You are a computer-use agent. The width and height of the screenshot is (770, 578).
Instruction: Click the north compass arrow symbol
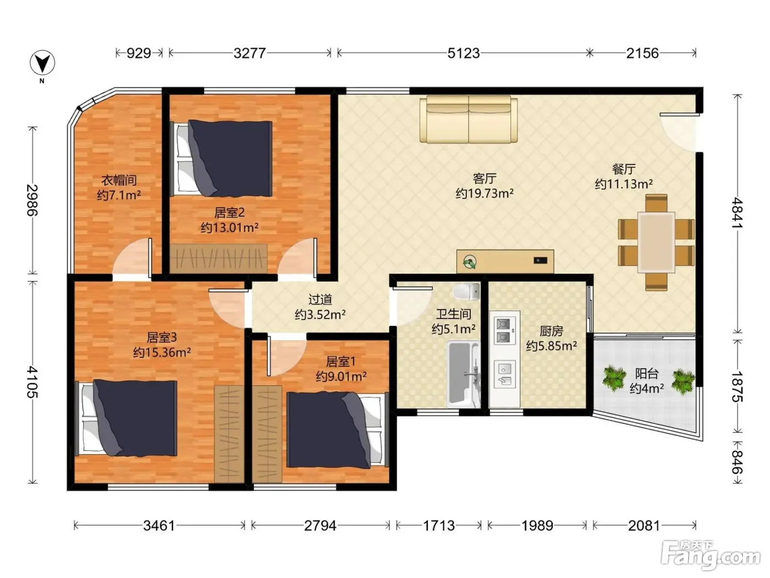click(x=42, y=63)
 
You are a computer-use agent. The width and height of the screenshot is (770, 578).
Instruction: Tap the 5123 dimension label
click(x=464, y=53)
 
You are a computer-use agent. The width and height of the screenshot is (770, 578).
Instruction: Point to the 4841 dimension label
click(x=738, y=212)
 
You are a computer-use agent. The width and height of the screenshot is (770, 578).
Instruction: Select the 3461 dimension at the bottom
click(x=159, y=526)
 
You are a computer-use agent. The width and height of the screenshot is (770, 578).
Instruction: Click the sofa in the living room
click(x=469, y=119)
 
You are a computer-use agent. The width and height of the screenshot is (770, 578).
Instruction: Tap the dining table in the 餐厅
click(x=656, y=242)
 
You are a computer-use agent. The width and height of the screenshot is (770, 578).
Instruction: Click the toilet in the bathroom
click(x=466, y=291)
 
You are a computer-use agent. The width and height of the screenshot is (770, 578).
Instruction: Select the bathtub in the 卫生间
click(x=463, y=374)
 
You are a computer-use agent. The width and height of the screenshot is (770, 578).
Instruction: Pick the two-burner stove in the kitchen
click(x=505, y=330)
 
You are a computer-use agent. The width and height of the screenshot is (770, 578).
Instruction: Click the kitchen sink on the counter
click(x=505, y=374)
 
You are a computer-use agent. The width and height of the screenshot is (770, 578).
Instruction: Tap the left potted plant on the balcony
click(x=614, y=379)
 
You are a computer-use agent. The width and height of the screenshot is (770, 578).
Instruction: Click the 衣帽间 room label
click(x=119, y=181)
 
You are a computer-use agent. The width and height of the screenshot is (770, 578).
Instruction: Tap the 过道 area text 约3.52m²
click(x=320, y=314)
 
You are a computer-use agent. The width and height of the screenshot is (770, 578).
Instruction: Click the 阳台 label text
click(x=646, y=373)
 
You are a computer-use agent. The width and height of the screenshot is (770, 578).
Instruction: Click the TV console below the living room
click(x=505, y=261)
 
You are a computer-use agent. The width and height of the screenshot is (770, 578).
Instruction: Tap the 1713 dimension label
click(x=439, y=526)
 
